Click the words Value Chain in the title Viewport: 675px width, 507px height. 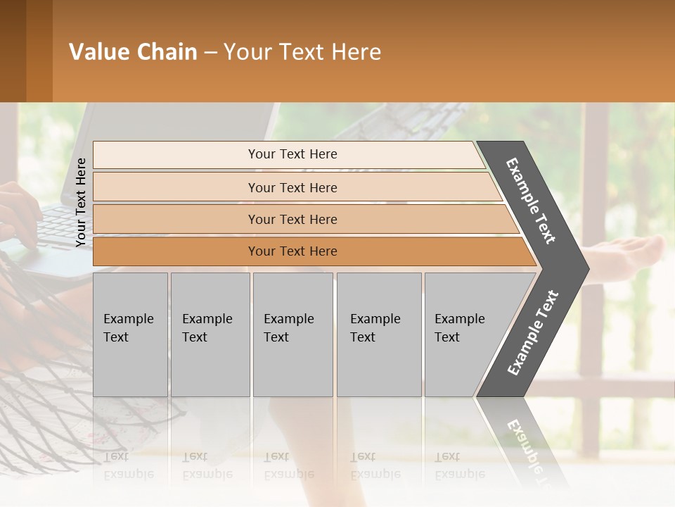(x=133, y=52)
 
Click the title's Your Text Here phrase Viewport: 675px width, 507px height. (x=302, y=52)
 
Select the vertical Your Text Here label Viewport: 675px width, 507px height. (x=81, y=202)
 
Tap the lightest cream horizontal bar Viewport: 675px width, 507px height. (x=292, y=154)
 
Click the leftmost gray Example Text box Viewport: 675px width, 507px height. (x=130, y=334)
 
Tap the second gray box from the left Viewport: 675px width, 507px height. (x=210, y=334)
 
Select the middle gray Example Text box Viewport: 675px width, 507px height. (x=292, y=334)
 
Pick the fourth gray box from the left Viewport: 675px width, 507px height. (x=379, y=334)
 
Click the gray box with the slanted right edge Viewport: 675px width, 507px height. (x=464, y=334)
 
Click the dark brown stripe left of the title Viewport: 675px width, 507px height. (x=13, y=51)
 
